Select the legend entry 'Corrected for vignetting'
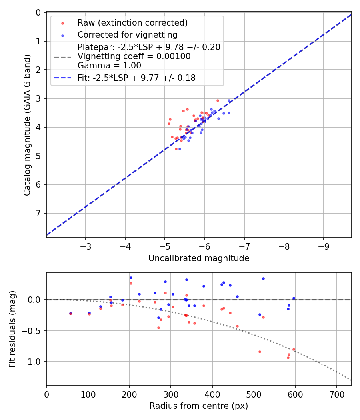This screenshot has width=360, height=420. coord(127,34)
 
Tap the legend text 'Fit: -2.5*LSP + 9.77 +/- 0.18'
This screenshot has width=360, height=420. coord(136,78)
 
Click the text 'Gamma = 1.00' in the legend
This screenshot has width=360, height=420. coord(109,65)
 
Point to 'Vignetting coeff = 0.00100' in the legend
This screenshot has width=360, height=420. coord(134,56)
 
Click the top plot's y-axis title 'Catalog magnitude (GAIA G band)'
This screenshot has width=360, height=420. coord(27,125)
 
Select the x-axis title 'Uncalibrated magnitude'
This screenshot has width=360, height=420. coord(199,258)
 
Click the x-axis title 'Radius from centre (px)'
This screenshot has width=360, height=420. coord(199,406)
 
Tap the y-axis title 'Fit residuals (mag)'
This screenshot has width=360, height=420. coord(13,329)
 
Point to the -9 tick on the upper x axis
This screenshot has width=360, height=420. coord(324,245)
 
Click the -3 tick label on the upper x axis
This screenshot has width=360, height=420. coord(85,245)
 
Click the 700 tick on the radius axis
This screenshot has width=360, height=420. coord(336,393)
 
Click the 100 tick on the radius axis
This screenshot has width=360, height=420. coord(88,393)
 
